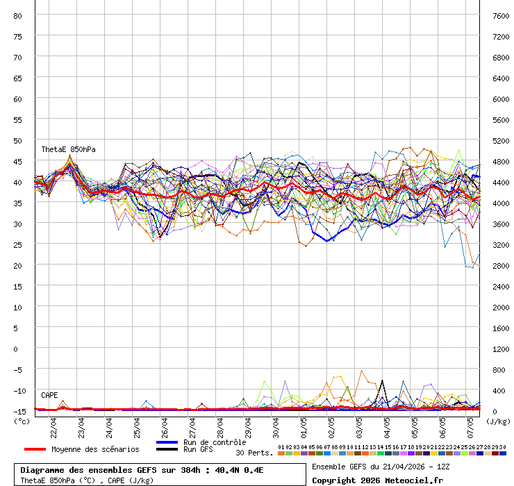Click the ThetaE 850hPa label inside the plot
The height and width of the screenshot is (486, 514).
point(68,149)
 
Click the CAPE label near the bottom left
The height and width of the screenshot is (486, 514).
point(49,395)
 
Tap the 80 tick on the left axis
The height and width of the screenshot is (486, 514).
point(18,15)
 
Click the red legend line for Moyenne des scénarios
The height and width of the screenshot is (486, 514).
point(35,449)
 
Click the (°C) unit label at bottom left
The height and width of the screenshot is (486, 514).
point(22,420)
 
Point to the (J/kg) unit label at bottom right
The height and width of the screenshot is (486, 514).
point(497,420)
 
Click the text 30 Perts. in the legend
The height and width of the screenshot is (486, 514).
point(254,453)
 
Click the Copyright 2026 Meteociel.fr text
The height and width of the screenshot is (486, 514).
point(377,480)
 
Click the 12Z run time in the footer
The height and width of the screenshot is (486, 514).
point(440,466)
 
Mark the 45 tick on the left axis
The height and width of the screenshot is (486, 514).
point(18,161)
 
